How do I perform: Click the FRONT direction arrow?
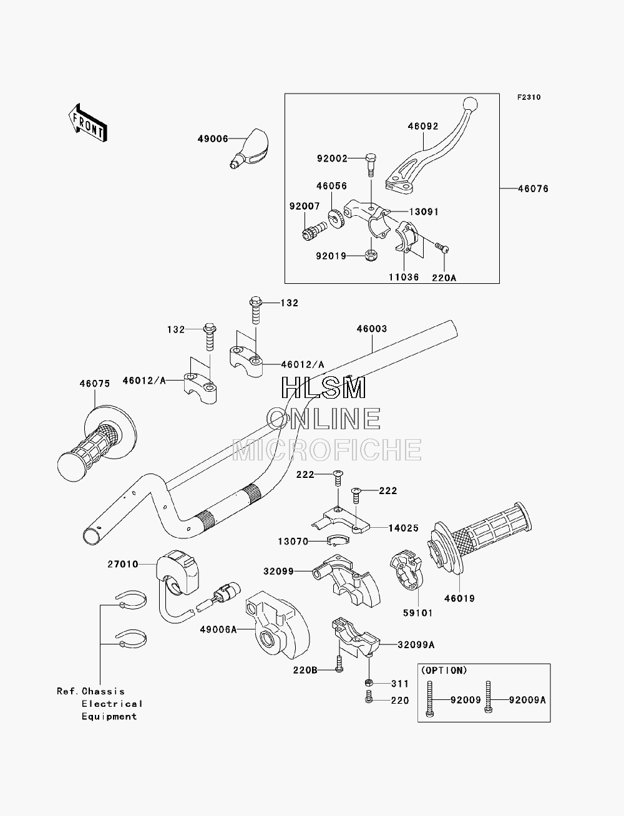88,122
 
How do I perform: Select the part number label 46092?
423,127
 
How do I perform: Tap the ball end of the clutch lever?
470,104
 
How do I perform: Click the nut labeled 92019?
369,255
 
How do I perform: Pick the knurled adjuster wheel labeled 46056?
336,218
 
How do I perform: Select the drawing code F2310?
529,97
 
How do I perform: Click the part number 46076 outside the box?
534,189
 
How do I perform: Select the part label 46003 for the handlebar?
372,329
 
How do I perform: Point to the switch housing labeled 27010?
177,573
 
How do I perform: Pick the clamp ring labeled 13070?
338,541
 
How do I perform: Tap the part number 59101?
418,613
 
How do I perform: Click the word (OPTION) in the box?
444,671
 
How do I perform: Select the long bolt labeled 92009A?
489,697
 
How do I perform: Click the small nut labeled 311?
369,682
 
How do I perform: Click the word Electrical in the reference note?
112,704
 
